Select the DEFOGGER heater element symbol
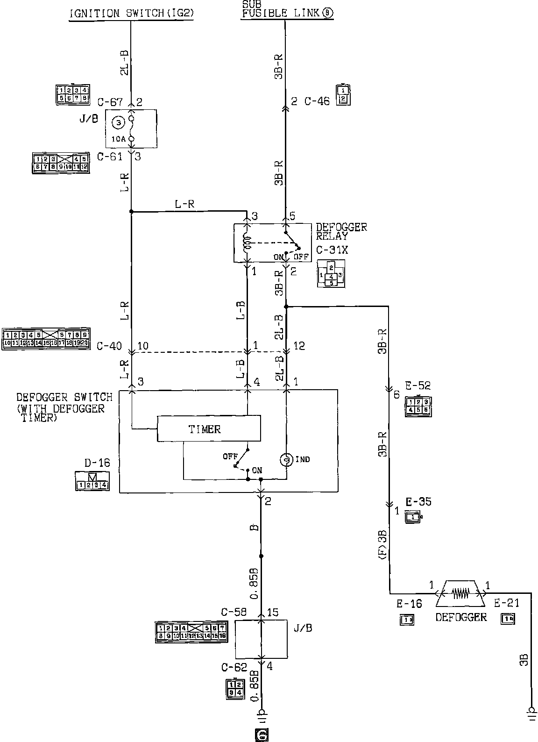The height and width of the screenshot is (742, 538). [x=461, y=593]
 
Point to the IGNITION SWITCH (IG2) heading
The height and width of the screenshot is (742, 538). [x=131, y=13]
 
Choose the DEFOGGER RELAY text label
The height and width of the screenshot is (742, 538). [x=341, y=231]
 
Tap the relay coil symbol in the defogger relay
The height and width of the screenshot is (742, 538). [x=247, y=243]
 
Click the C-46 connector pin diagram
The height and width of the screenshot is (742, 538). [x=343, y=94]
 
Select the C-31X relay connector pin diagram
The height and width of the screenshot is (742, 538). [x=331, y=273]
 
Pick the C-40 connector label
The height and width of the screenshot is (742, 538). [x=109, y=346]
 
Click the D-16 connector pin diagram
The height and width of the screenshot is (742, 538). [x=92, y=481]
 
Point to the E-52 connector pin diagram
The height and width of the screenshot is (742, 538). [x=418, y=405]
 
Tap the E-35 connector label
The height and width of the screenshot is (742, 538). [x=418, y=502]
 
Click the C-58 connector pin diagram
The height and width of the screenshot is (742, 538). [x=191, y=632]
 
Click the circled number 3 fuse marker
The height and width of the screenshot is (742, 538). [x=118, y=122]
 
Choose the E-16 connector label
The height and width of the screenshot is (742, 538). [x=409, y=604]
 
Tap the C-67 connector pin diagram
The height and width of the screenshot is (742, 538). [x=72, y=94]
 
